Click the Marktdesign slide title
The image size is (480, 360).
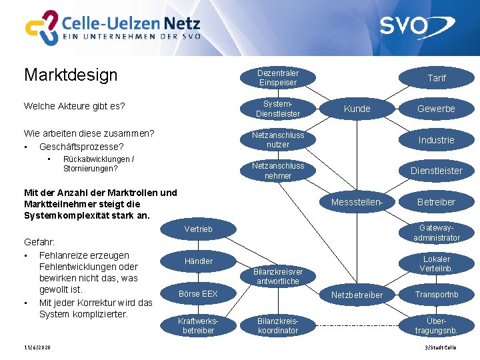71,74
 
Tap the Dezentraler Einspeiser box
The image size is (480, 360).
278,77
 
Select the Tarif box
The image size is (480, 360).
436,78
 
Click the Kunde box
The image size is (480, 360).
357,109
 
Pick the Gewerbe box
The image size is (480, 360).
436,109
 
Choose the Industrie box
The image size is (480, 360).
436,140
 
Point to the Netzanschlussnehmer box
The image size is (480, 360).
278,171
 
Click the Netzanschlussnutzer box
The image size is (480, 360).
278,139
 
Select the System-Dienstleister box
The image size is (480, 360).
278,109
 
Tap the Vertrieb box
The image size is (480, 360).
198,229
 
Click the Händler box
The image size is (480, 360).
198,261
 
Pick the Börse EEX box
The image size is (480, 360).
198,294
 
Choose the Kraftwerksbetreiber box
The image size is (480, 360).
198,326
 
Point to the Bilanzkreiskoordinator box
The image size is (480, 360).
278,326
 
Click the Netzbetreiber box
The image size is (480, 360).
357,295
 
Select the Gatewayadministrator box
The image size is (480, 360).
436,233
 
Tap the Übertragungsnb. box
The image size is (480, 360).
436,326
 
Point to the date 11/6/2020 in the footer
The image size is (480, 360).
36,348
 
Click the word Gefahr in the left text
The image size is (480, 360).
39,242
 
